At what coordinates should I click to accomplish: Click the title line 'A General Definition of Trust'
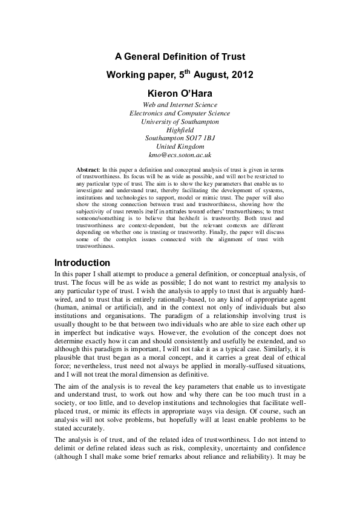coord(180,57)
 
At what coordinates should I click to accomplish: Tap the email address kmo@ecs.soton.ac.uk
coord(180,155)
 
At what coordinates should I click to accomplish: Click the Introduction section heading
coord(82,264)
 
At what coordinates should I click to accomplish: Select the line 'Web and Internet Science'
coord(180,105)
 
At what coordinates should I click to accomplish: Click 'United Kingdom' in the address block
coord(180,146)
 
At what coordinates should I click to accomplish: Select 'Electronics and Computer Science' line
coord(180,113)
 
